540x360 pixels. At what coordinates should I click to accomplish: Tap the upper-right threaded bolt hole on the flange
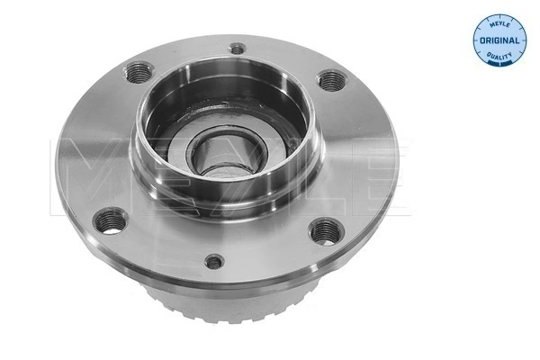(332, 81)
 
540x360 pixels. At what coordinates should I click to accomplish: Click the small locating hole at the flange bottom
(214, 263)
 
